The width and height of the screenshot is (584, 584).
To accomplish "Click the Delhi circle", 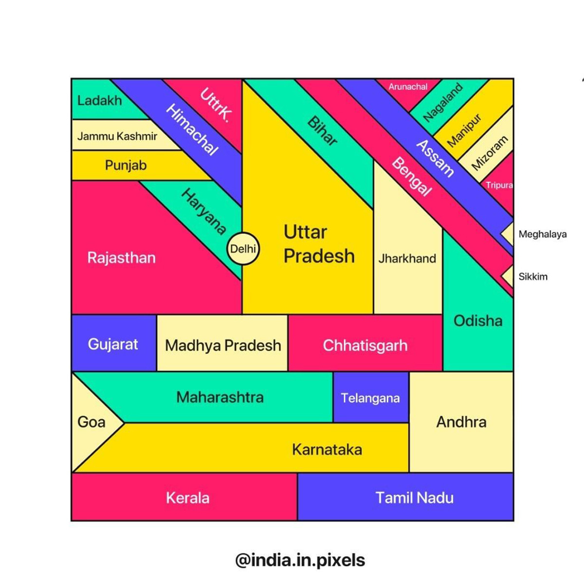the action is [243, 249].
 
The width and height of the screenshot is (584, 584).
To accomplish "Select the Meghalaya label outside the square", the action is [543, 234].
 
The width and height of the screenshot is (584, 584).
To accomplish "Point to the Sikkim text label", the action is [533, 276].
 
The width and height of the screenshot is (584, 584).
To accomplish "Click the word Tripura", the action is [499, 185].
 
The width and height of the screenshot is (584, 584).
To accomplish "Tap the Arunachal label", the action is [408, 87].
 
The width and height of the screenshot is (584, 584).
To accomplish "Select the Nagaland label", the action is [443, 102].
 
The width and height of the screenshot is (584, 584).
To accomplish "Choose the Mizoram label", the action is [490, 153].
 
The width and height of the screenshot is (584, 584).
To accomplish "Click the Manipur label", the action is [464, 130].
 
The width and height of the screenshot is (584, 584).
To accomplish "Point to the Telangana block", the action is [371, 397].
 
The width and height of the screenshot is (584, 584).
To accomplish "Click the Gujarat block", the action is [114, 343].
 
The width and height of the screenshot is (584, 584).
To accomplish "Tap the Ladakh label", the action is [99, 100].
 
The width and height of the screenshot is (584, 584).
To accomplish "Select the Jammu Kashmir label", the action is [117, 136].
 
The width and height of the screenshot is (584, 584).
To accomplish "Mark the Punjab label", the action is [126, 165].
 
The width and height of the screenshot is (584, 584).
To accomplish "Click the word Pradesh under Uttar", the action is [319, 256].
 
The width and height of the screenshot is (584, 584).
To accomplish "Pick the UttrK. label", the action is [216, 105].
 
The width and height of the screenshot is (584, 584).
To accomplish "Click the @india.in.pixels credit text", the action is [300, 560].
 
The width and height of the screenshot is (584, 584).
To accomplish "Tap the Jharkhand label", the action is [407, 258].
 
